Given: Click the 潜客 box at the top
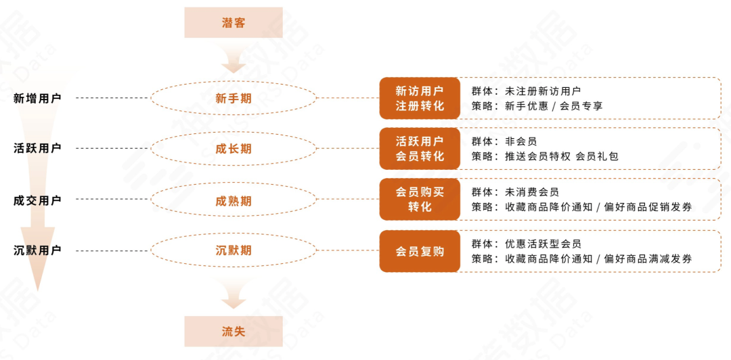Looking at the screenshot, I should pos(234,22).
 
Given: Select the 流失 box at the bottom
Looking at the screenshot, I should pos(234,331).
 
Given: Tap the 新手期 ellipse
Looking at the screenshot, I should pos(234,98).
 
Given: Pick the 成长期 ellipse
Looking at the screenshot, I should pos(234,148).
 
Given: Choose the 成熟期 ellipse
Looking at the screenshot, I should pos(234,200).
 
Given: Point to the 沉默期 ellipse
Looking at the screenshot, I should pos(234,250).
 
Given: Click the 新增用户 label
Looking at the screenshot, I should pos(37,98).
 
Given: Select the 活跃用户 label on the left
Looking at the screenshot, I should pos(37,148).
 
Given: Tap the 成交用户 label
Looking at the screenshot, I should pos(37,200).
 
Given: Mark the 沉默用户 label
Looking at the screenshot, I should pos(37,250).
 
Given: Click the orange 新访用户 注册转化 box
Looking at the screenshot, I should pos(420,98).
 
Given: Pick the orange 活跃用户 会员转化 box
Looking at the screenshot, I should pos(420,148).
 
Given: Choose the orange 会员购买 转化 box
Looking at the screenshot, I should pos(420,200).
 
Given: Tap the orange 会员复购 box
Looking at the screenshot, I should pos(420,251).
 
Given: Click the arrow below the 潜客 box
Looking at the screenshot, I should pos(234,61).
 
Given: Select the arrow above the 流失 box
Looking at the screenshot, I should pos(234,294).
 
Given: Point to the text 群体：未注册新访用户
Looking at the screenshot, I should pos(526,91).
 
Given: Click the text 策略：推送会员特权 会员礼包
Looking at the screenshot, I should pos(545,156).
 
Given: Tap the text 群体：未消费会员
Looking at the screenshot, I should pos(515,192).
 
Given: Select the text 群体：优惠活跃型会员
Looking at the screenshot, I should pos(526,244).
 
